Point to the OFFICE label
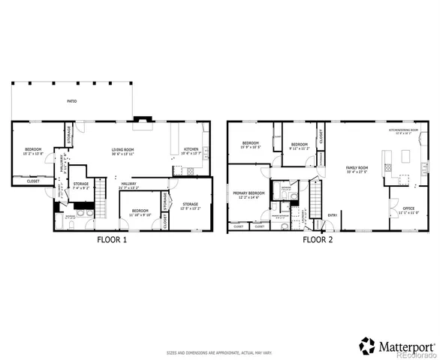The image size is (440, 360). (408, 209)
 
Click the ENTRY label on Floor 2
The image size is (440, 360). (333, 216)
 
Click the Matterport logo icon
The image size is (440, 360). (366, 346)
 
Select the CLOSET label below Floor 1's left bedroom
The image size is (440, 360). (34, 181)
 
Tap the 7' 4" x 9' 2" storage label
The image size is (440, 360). (81, 185)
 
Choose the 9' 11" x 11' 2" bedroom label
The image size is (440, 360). (300, 146)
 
